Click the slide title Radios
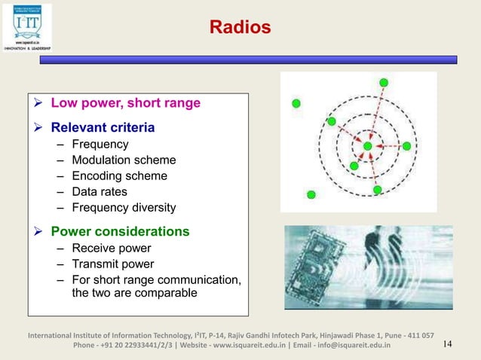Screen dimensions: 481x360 [x=240, y=29]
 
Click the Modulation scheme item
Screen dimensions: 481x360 [x=124, y=160]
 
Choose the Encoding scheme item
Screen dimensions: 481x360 [x=119, y=176]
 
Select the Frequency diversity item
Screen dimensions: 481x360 [x=124, y=208]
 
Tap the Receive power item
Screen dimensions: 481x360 [x=111, y=249]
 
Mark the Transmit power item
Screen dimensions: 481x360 [x=112, y=264]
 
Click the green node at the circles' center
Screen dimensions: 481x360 [x=367, y=145]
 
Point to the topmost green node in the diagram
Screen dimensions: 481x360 [x=384, y=82]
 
